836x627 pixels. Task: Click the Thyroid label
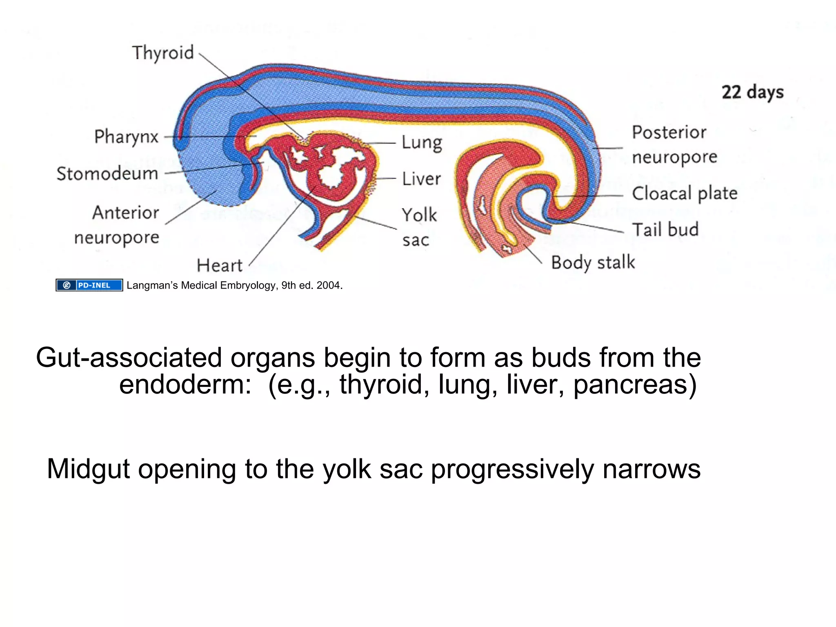[x=162, y=53]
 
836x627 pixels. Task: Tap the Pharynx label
[x=126, y=137]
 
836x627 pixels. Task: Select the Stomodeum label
[x=107, y=174]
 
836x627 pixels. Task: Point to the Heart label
[x=220, y=266]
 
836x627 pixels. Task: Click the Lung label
[x=422, y=143]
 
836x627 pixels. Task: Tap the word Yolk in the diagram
[x=419, y=215]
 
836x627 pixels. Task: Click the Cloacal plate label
[x=685, y=193]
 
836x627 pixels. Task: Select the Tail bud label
[x=665, y=230]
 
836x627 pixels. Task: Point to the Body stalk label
[x=593, y=262]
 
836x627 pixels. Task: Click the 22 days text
[x=752, y=93]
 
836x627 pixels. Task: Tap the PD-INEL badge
[x=89, y=285]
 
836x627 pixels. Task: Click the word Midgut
[x=88, y=469]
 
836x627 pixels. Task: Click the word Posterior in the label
[x=669, y=133]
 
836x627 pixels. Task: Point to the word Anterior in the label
[x=126, y=213]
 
